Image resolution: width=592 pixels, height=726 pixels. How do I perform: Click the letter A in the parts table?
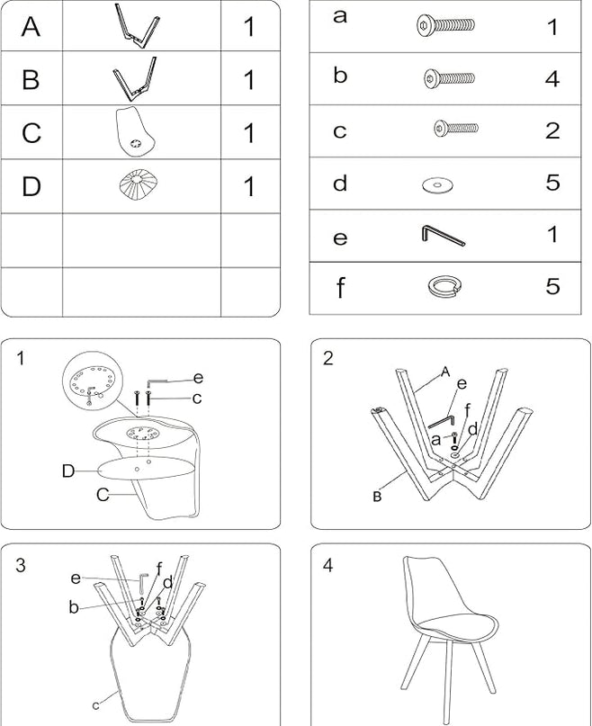[x=31, y=26]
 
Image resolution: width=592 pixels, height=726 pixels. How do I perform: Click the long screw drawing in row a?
[x=445, y=25]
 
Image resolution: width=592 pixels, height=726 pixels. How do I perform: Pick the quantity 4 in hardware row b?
[x=552, y=78]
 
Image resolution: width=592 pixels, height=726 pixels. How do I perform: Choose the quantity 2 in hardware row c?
[x=552, y=130]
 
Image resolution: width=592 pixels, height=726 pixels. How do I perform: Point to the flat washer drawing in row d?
[x=438, y=185]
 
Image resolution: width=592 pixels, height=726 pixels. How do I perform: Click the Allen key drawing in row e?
[x=444, y=236]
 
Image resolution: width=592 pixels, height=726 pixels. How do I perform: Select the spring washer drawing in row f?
[x=444, y=286]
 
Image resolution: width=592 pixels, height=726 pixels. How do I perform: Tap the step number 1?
[x=20, y=358]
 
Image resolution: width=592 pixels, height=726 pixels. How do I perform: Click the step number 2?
[x=328, y=358]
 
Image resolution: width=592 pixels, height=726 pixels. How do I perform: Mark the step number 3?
[x=21, y=565]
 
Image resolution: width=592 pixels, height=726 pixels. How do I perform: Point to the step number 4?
[x=328, y=565]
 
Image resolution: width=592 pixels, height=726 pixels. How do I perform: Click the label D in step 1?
[x=68, y=471]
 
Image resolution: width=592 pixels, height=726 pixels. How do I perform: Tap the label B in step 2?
[x=377, y=497]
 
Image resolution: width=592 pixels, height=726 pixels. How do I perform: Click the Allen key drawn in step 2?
[x=441, y=421]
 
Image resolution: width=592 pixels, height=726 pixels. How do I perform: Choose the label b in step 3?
[x=74, y=606]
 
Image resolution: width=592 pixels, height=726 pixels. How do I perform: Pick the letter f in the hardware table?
[x=340, y=288]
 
